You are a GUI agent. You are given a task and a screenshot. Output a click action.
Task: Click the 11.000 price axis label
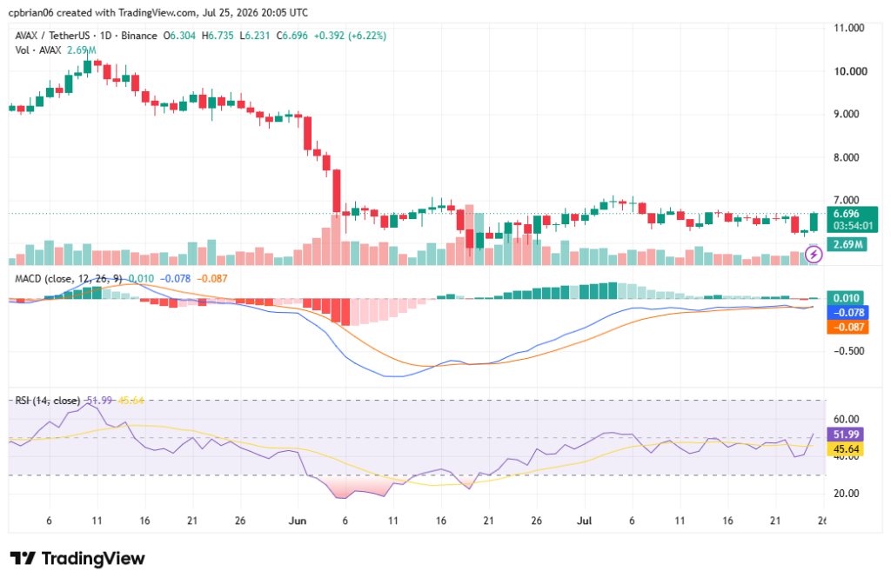tap(848, 28)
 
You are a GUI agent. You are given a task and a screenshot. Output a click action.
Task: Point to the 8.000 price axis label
tap(846, 157)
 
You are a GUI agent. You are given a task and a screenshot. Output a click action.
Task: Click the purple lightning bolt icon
tap(814, 255)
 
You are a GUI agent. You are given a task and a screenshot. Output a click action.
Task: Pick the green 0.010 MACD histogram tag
tap(846, 298)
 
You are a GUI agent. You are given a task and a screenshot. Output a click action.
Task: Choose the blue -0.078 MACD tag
tap(847, 313)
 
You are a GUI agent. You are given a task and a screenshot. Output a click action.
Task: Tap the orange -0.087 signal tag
tap(847, 327)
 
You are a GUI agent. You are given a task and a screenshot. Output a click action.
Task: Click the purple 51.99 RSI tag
tap(846, 435)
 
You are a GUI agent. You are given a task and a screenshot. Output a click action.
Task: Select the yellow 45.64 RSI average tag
tap(846, 449)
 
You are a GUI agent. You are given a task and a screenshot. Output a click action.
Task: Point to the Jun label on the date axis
tap(298, 521)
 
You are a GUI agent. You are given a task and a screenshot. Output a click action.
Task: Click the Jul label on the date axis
tap(584, 521)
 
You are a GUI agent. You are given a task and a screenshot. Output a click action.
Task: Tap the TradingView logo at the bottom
tap(77, 559)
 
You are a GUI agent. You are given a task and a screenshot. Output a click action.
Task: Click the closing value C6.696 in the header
tap(292, 36)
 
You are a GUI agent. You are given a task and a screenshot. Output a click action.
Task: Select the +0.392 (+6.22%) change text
tap(350, 36)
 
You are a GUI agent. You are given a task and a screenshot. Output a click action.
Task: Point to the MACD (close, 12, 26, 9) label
tap(69, 279)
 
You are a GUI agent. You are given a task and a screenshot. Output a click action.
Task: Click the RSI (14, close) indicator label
tap(48, 401)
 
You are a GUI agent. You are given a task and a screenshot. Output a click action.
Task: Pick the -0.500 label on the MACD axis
tap(849, 351)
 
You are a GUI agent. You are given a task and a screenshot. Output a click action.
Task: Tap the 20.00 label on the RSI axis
tap(846, 494)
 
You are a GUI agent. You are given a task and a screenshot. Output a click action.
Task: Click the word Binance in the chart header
tap(139, 36)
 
